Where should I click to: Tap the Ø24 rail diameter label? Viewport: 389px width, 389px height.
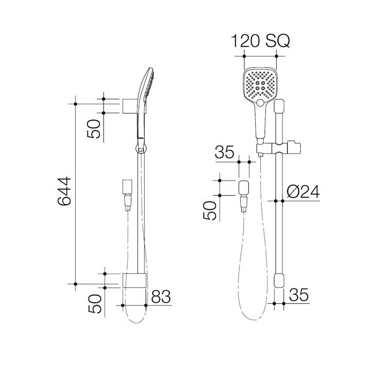tap(303, 193)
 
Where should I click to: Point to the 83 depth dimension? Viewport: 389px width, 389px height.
tap(161, 297)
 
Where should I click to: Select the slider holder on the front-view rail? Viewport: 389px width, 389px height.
tap(278, 147)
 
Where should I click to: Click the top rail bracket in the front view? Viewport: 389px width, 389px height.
tap(279, 108)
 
